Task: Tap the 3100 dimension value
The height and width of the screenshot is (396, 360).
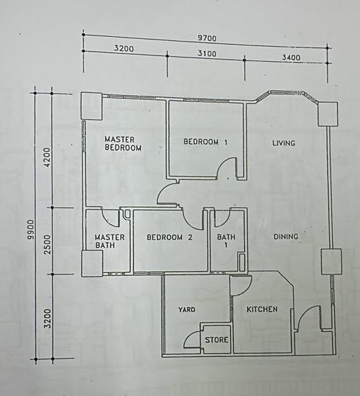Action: click(206, 52)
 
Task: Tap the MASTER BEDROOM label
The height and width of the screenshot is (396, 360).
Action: click(124, 144)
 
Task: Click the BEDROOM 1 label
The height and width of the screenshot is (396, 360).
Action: click(205, 141)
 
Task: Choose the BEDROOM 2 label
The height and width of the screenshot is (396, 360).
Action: click(169, 238)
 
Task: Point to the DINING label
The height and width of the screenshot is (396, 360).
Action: click(285, 236)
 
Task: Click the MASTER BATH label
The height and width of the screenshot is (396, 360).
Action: click(106, 242)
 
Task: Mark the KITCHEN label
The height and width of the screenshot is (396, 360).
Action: click(262, 309)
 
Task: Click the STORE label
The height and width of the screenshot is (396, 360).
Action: click(217, 340)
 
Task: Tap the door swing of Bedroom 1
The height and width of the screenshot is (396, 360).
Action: click(229, 168)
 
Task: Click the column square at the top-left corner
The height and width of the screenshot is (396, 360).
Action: click(90, 105)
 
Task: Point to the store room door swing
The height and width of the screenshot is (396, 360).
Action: click(192, 339)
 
